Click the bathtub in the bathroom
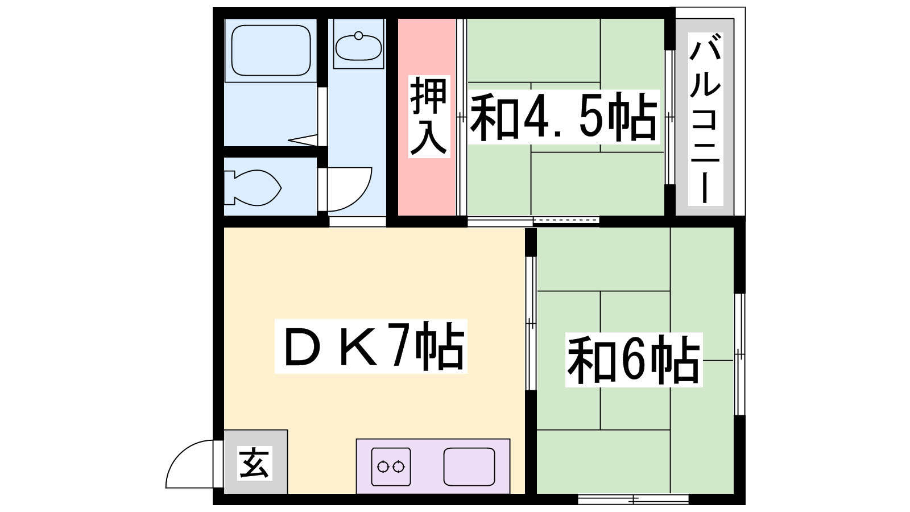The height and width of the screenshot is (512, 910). [271, 51]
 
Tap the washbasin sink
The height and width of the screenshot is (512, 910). [358, 47]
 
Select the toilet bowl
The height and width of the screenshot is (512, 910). [253, 188]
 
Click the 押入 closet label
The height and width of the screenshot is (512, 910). [429, 116]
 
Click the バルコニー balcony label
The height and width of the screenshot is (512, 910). [706, 119]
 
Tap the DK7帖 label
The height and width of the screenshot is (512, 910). [371, 346]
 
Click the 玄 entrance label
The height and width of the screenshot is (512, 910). [255, 464]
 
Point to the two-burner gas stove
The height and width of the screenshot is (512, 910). [391, 467]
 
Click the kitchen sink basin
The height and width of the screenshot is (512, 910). [469, 467]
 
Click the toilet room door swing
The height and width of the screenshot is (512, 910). [360, 197]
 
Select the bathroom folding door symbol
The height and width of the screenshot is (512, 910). [303, 140]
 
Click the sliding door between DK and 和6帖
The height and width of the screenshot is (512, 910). [531, 324]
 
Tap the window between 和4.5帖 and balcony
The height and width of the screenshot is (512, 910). [670, 117]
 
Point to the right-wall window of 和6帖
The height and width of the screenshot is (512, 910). [740, 355]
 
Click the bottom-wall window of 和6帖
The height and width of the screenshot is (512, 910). [634, 499]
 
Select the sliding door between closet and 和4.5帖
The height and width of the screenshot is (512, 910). [461, 117]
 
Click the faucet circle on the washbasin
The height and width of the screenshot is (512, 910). [358, 36]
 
